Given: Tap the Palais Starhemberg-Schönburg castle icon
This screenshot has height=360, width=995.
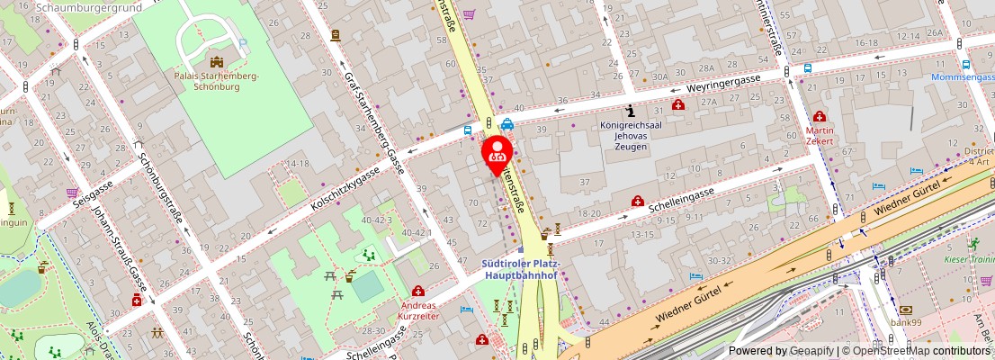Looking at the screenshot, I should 216,61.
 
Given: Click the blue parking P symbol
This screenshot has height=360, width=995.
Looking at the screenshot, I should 243,43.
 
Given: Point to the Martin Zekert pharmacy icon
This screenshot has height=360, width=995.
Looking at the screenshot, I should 820,116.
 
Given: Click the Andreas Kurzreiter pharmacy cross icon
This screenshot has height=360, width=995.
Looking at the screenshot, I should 418,291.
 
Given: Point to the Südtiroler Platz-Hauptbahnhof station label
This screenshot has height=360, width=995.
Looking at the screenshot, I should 522,269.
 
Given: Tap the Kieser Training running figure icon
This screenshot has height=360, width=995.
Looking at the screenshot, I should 973,243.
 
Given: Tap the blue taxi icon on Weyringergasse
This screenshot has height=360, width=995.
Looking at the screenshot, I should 507,125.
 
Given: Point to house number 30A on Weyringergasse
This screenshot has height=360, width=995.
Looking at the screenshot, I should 659,76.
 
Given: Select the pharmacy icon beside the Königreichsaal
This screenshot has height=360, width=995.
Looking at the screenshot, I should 678,104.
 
